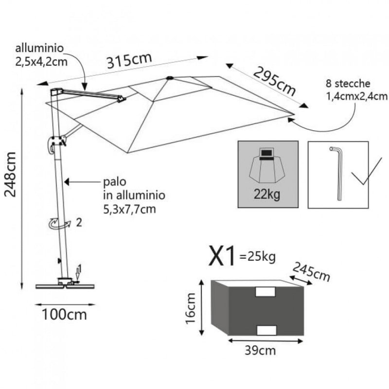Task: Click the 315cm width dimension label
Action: tap(129, 62)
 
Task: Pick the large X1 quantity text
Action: tap(222, 257)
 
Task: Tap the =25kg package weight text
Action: tap(257, 255)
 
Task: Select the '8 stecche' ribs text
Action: tap(349, 84)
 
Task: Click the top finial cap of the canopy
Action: tap(169, 77)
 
